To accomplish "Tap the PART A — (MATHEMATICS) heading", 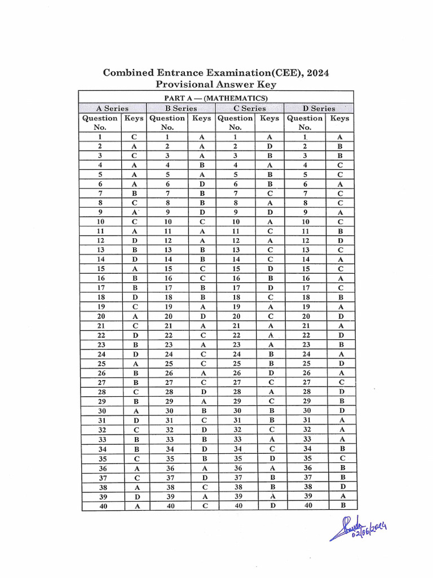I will point(216,98).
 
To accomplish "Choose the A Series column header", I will point(112,108).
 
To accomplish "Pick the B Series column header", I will point(180,108).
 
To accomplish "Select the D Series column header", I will point(319,108).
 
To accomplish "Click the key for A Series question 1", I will point(134,137).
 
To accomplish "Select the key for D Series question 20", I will point(339,316).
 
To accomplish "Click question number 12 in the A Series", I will point(101,240).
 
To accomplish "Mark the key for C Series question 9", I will point(270,212).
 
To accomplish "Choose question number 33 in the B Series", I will point(167,439).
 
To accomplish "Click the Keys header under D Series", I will point(339,119).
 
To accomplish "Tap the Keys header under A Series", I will point(134,119).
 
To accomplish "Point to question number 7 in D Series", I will point(305,193).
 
